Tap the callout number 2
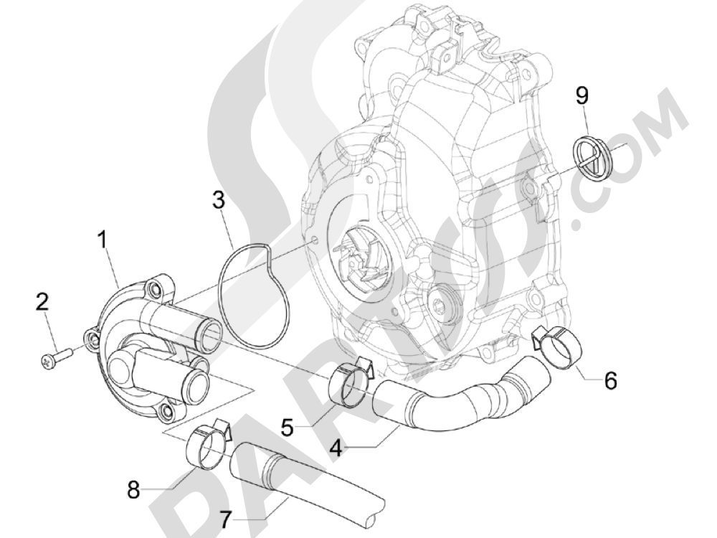coord(42,301)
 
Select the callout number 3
coord(219,201)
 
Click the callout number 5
coord(286,428)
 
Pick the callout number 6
coord(609,380)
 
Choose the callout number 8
coord(133,491)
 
